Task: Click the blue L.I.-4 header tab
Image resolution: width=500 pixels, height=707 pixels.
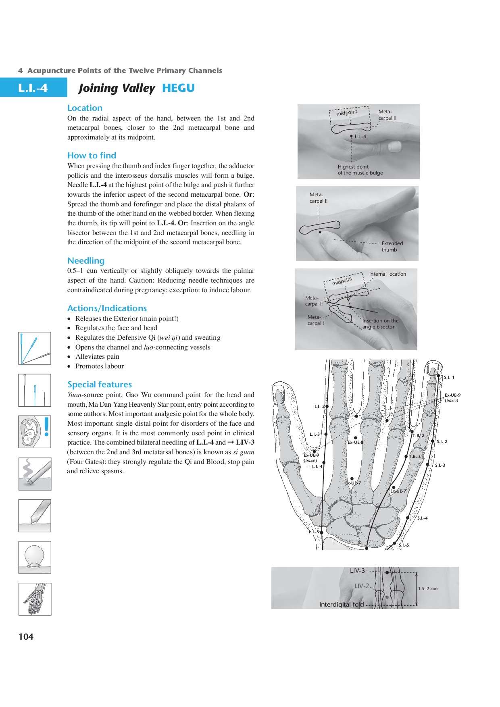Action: click(33, 88)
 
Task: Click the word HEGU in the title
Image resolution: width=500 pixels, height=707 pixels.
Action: click(178, 88)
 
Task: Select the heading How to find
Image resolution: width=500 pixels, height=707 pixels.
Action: click(92, 156)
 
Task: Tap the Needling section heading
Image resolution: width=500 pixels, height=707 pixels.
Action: click(86, 261)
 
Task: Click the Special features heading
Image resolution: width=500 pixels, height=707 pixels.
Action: click(100, 385)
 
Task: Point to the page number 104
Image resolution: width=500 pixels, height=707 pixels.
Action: click(26, 636)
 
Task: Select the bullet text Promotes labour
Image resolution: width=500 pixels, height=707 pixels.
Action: click(99, 366)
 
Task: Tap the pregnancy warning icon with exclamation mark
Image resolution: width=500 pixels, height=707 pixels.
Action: click(35, 432)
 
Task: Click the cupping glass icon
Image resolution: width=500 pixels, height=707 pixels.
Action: click(35, 557)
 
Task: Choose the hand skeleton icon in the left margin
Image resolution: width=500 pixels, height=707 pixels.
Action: click(35, 599)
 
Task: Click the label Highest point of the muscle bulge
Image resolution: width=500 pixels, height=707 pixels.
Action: click(360, 170)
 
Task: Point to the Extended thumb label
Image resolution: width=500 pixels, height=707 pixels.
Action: click(392, 247)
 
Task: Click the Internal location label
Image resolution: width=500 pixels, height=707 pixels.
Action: click(387, 274)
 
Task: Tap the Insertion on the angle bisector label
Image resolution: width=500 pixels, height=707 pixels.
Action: click(380, 324)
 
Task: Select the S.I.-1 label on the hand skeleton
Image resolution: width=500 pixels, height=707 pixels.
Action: click(449, 378)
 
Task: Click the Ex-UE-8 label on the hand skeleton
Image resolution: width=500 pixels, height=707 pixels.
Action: click(355, 442)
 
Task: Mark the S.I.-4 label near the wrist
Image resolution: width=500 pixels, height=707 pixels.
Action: click(422, 518)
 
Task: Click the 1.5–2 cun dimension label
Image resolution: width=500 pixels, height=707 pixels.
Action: click(427, 589)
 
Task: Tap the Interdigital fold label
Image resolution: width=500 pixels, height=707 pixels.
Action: click(341, 605)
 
